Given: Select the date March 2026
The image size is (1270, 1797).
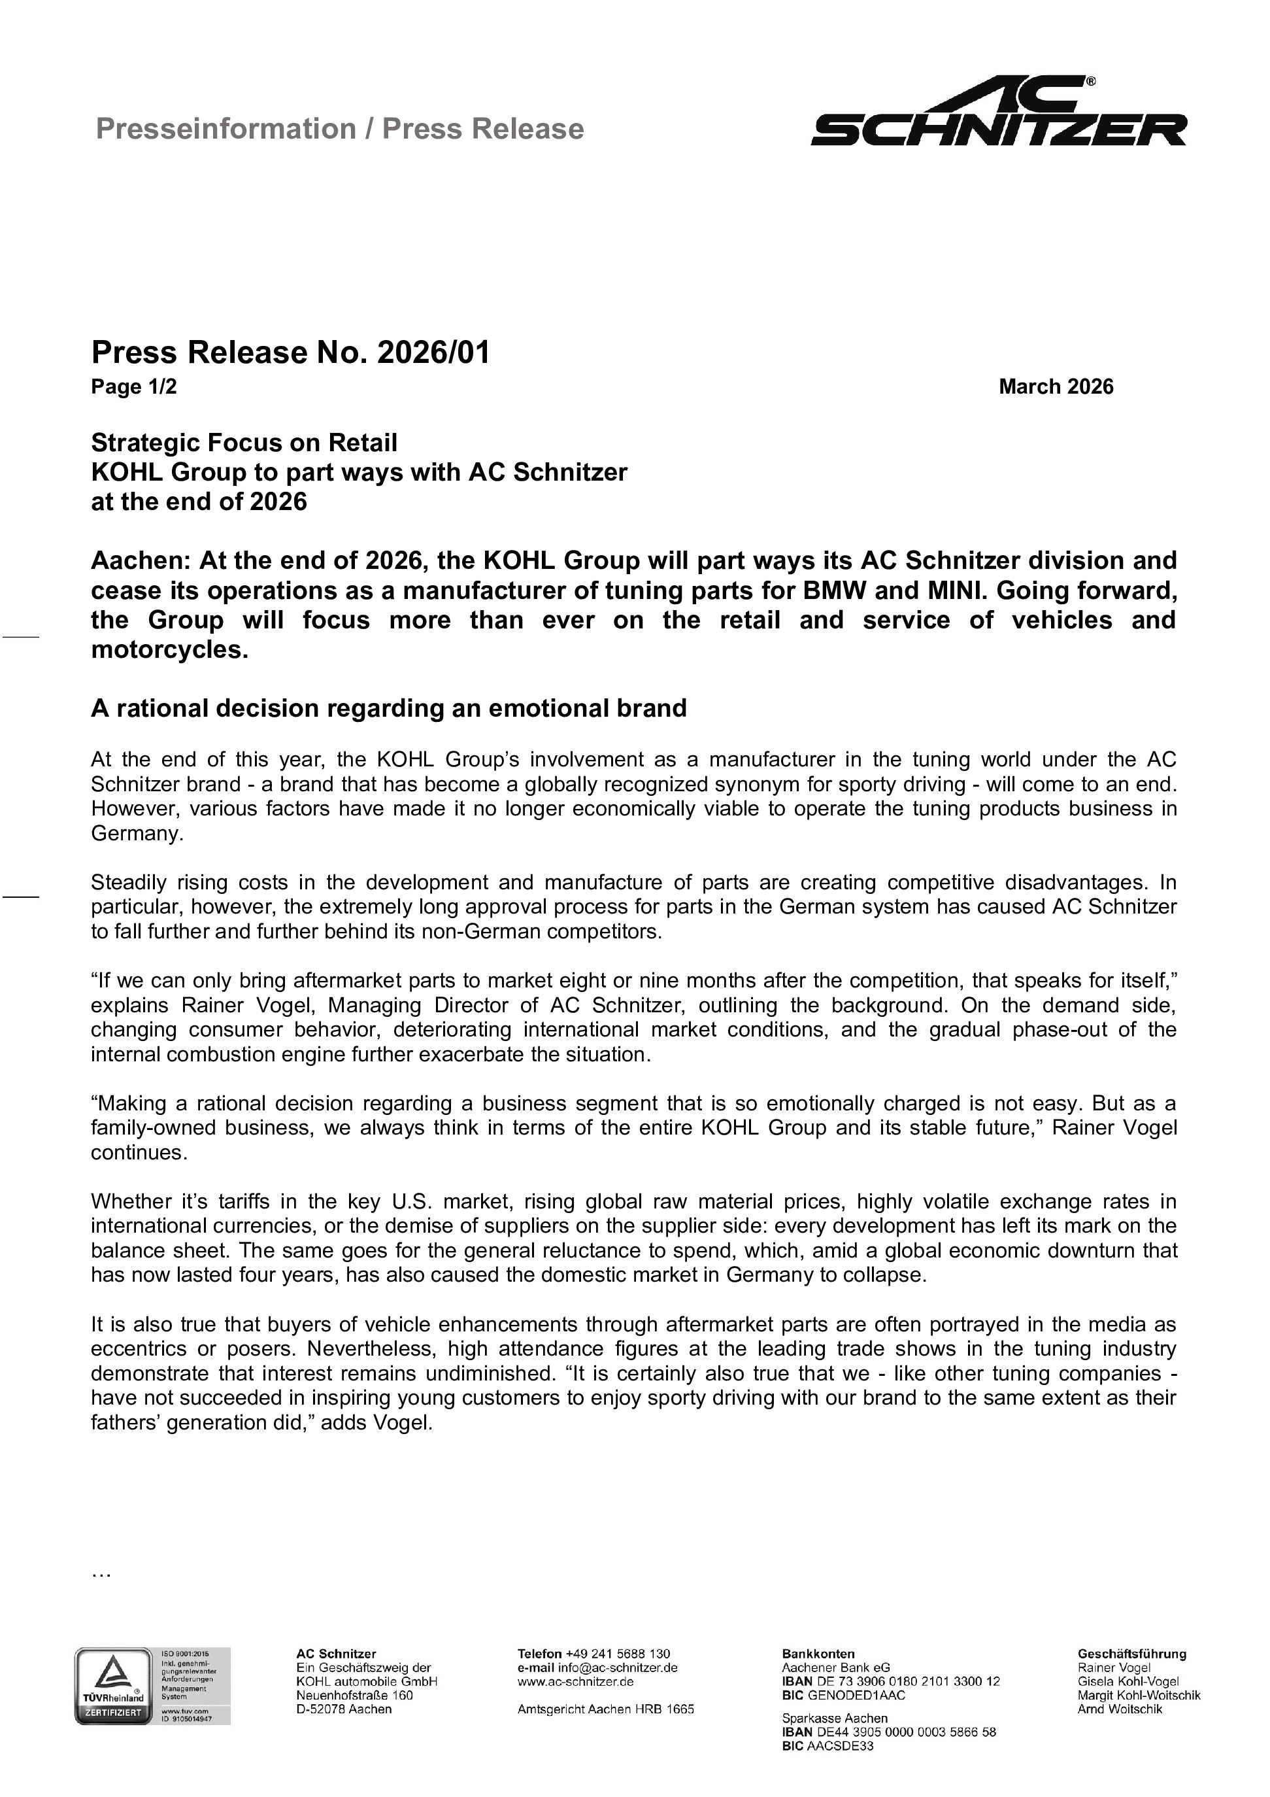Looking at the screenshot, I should [x=1055, y=386].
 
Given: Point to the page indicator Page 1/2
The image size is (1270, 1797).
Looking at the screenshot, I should [x=134, y=386].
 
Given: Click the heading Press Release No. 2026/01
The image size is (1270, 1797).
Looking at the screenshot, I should [x=290, y=352].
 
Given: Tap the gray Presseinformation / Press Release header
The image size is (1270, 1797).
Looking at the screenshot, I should [x=340, y=128].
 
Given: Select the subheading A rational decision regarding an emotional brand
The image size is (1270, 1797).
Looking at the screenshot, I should [x=388, y=708].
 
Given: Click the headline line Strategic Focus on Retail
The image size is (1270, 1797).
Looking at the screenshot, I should [x=244, y=443].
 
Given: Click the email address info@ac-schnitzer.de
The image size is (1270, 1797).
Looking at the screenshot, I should [x=618, y=1668].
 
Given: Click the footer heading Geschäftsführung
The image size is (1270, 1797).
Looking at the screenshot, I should [x=1131, y=1654].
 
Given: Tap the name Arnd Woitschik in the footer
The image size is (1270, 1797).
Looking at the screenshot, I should [x=1119, y=1709].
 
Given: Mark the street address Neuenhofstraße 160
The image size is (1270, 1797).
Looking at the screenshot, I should [x=354, y=1695].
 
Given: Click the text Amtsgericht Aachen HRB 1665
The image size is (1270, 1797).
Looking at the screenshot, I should [x=606, y=1709].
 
